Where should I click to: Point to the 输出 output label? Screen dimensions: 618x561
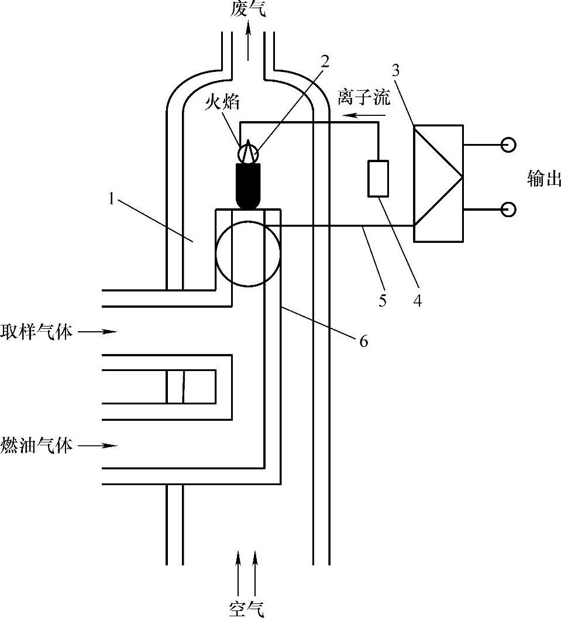[543, 178]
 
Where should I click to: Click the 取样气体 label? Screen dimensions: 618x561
[37, 332]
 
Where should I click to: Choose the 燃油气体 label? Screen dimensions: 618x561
[37, 445]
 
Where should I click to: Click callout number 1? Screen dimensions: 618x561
[111, 199]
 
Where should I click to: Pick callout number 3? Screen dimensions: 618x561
[395, 71]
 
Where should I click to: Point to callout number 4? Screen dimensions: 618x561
[417, 301]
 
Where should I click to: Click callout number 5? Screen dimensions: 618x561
[383, 301]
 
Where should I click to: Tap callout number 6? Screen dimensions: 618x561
[363, 341]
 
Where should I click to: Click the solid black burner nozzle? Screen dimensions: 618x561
[249, 185]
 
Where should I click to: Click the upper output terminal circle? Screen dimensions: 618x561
[508, 144]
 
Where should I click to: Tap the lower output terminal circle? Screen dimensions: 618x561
[508, 208]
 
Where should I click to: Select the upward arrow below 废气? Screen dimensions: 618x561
[249, 41]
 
